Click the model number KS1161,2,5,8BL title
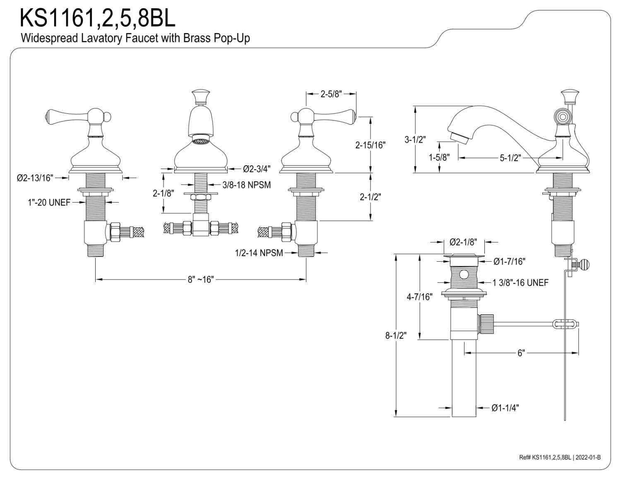coord(97,18)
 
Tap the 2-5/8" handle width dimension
coord(331,94)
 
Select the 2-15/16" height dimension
coord(370,145)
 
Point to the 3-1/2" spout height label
coord(415,140)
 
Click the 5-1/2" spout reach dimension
coord(510,158)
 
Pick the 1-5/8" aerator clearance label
coord(439,157)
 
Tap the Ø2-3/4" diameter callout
coord(256,169)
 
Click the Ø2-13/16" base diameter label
coord(35,178)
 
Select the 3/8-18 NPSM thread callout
coord(247,185)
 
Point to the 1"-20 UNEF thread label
coord(49,203)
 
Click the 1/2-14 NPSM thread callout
coord(259,253)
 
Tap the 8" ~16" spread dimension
coord(201,279)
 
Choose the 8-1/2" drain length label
coord(396,335)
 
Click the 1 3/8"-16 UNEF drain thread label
coord(520,283)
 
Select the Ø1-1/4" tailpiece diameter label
coord(505,408)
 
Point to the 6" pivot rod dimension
coord(521,353)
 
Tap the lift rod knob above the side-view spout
coord(570,96)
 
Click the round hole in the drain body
coord(464,275)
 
